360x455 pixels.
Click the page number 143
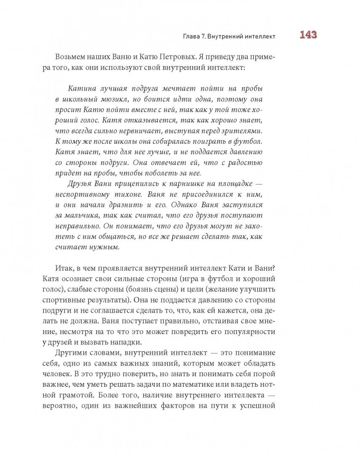click(x=308, y=35)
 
